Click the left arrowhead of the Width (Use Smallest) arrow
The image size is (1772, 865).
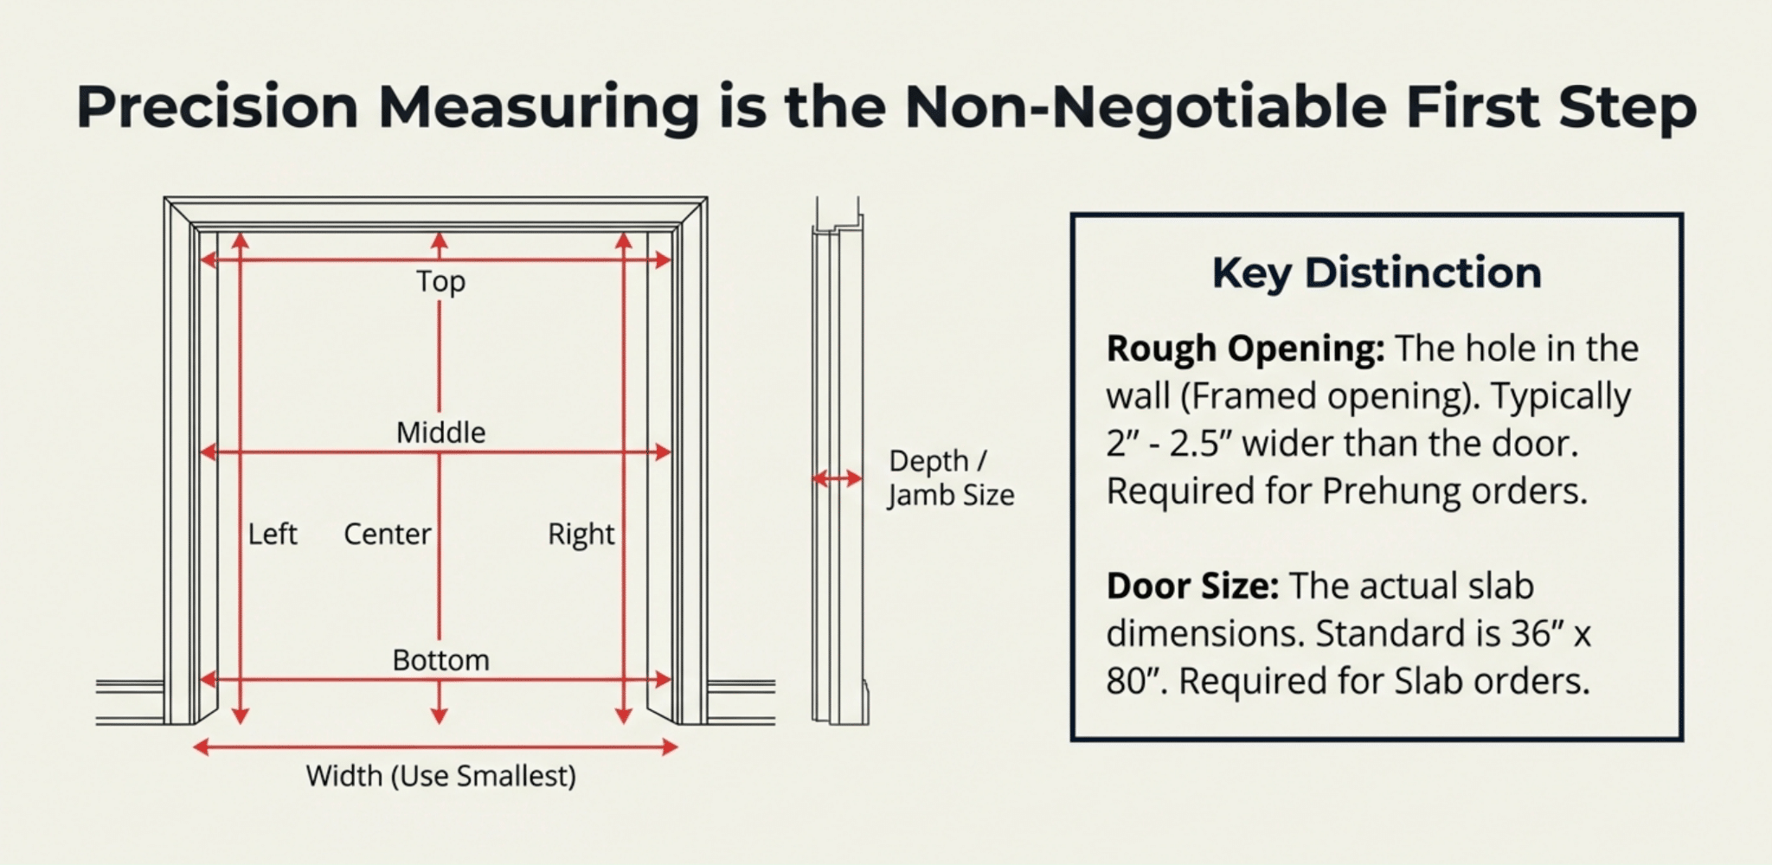[200, 746]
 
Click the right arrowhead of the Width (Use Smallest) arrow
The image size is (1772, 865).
[670, 746]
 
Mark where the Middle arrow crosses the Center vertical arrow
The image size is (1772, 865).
[440, 452]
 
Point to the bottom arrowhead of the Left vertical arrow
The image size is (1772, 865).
[241, 715]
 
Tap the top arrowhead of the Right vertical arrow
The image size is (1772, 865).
[624, 240]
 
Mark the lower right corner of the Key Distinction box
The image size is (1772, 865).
[1682, 740]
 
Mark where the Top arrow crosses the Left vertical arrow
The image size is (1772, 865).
[241, 259]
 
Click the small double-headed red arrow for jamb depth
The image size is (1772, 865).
[837, 477]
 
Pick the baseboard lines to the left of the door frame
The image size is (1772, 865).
[130, 702]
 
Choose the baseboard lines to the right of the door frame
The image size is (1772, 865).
[742, 702]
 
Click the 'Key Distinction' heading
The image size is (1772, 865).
[1377, 272]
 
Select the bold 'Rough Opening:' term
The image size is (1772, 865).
[1245, 349]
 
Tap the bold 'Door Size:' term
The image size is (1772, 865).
[1192, 586]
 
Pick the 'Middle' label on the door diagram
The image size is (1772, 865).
[440, 432]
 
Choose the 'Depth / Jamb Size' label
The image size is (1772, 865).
[951, 477]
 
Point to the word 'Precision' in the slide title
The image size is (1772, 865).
[217, 107]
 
